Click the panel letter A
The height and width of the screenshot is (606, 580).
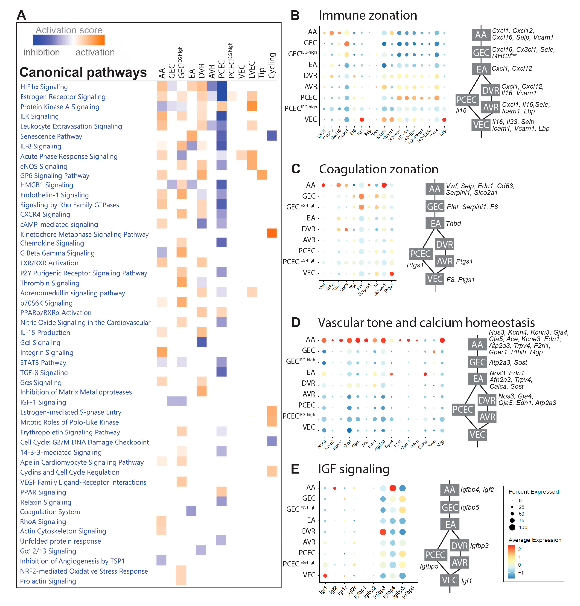21,15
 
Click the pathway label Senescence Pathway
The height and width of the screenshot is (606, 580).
51,136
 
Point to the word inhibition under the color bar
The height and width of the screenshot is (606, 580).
42,52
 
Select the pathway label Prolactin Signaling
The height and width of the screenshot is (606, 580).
48,581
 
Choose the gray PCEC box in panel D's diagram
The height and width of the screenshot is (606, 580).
463,409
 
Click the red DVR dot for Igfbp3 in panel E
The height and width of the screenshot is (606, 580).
383,532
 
